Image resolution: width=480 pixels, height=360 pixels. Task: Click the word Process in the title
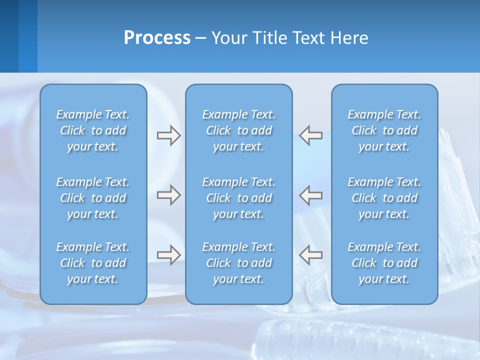click(x=157, y=38)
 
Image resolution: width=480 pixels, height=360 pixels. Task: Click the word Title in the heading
click(x=269, y=38)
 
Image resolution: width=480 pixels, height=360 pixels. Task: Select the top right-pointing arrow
click(x=168, y=135)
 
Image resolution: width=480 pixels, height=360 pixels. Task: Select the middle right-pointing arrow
click(x=168, y=195)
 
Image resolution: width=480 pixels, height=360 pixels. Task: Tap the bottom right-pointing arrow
click(x=168, y=254)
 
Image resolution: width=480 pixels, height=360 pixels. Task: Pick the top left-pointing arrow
click(x=311, y=135)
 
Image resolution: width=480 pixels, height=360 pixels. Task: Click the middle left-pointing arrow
click(x=311, y=195)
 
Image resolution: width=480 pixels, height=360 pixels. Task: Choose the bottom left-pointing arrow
click(x=311, y=254)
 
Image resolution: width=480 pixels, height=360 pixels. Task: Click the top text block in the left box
click(x=93, y=130)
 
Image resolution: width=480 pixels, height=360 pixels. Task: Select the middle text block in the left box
click(x=93, y=198)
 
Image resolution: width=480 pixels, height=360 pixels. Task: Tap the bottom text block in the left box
click(x=93, y=263)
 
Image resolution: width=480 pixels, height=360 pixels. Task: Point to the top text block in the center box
click(x=238, y=130)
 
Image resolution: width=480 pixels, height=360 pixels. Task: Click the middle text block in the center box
click(x=238, y=198)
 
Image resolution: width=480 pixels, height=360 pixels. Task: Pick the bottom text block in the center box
click(x=238, y=263)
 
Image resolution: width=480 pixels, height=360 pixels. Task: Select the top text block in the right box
click(x=384, y=130)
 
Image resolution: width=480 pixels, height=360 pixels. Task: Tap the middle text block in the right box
click(x=384, y=198)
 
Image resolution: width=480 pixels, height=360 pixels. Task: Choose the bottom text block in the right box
click(x=384, y=263)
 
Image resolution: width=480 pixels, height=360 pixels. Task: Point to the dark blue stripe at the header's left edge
click(x=9, y=36)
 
